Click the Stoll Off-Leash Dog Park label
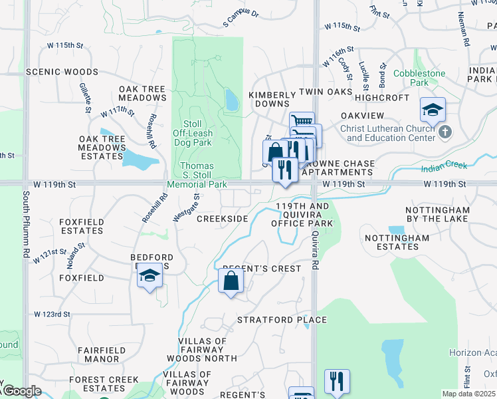click(192, 132)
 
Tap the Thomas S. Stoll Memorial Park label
click(198, 175)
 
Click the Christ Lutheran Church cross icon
click(445, 133)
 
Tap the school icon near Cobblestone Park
click(433, 109)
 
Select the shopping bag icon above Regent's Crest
click(231, 281)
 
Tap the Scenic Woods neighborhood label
click(62, 72)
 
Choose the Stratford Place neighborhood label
click(282, 320)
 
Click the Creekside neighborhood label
click(222, 219)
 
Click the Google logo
click(22, 391)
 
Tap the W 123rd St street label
click(52, 314)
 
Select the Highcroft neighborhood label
click(382, 97)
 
